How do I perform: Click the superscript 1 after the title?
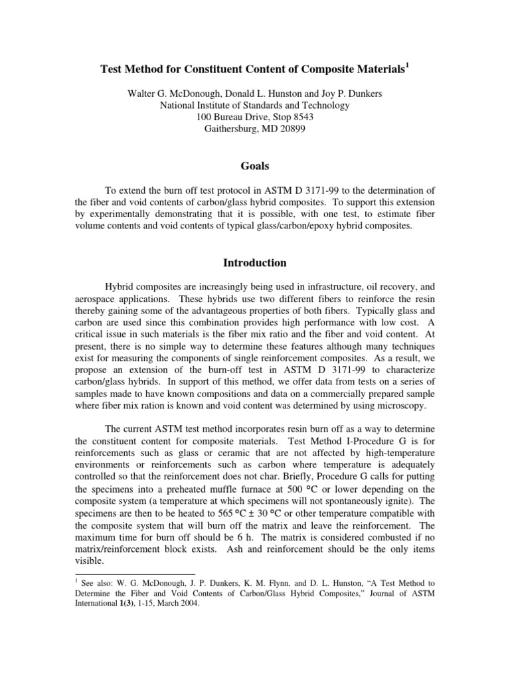[408, 64]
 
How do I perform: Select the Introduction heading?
[255, 263]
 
